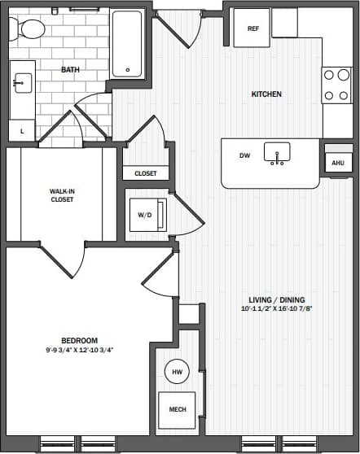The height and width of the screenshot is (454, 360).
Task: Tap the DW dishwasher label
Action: tap(244, 155)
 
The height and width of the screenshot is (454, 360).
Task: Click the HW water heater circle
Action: tap(177, 372)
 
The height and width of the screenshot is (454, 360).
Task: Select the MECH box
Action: tap(177, 409)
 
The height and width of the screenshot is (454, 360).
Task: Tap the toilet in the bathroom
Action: tap(30, 29)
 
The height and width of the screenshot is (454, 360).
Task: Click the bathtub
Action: tap(128, 44)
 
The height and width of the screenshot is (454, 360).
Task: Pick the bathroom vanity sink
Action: tap(22, 82)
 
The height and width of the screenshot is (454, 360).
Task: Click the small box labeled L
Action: tap(22, 130)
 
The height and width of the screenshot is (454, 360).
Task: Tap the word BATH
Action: tap(71, 70)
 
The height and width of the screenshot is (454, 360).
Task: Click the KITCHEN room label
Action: tap(266, 94)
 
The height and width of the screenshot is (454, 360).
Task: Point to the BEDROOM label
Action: tap(79, 340)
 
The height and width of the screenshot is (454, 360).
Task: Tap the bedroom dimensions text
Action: tap(79, 351)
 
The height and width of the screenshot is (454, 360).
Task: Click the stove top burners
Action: tap(336, 85)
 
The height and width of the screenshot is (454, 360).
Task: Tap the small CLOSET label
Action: tap(146, 173)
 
